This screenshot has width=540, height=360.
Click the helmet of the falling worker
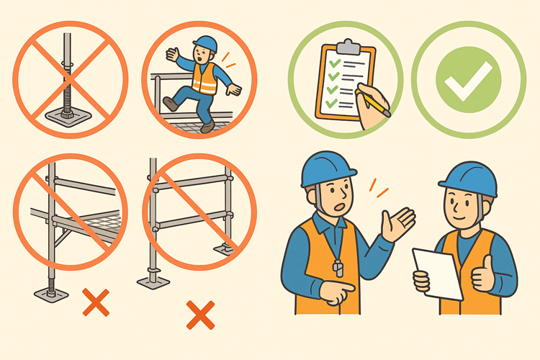(205, 44)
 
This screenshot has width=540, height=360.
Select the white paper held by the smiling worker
(437, 272)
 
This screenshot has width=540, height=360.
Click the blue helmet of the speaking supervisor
(328, 168)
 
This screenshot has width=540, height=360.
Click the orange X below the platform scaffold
(95, 302)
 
